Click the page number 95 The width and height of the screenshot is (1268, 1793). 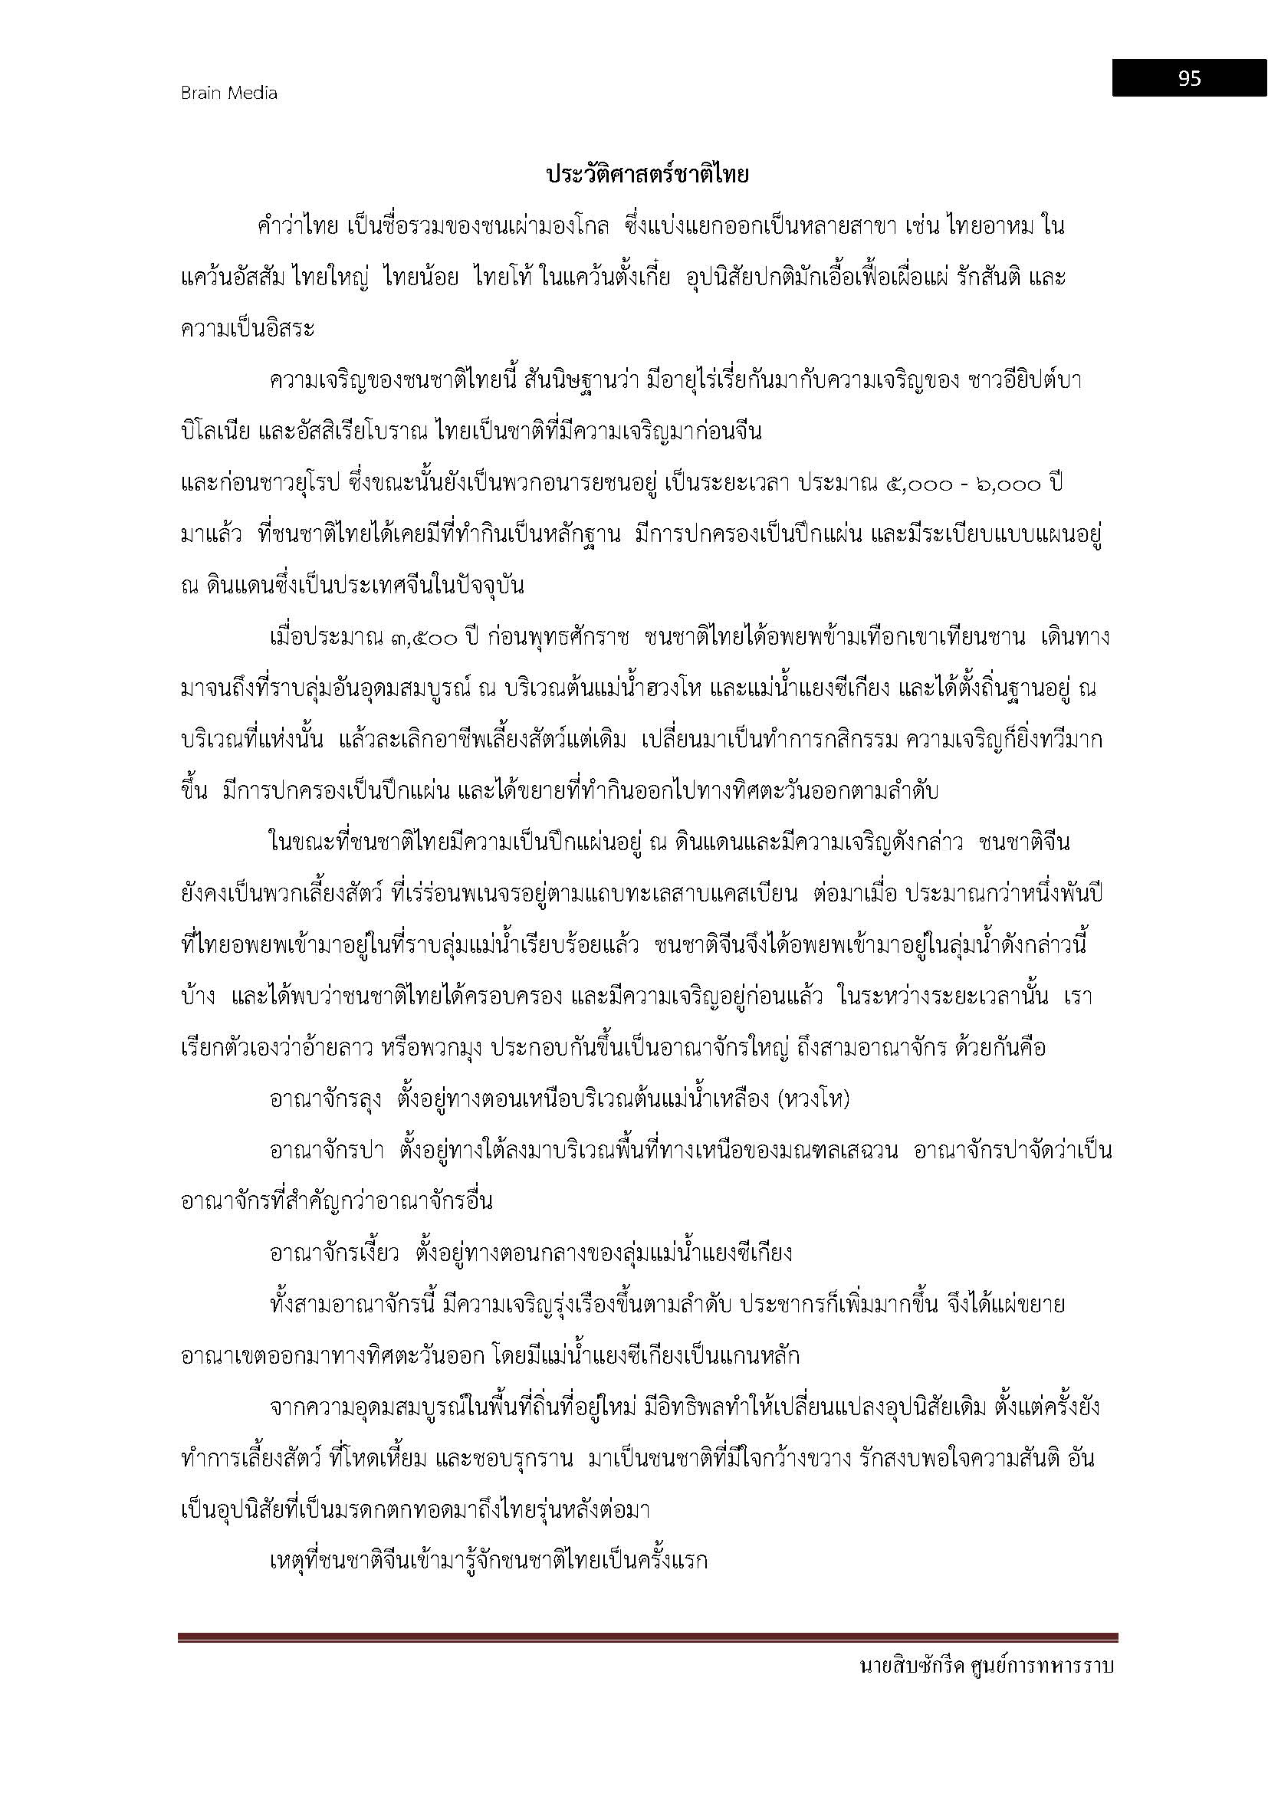tap(1189, 78)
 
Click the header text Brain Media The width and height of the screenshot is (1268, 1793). tap(228, 93)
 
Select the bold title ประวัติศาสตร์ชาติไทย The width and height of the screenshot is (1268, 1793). tap(647, 175)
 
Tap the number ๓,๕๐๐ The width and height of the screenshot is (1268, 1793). tap(422, 638)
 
